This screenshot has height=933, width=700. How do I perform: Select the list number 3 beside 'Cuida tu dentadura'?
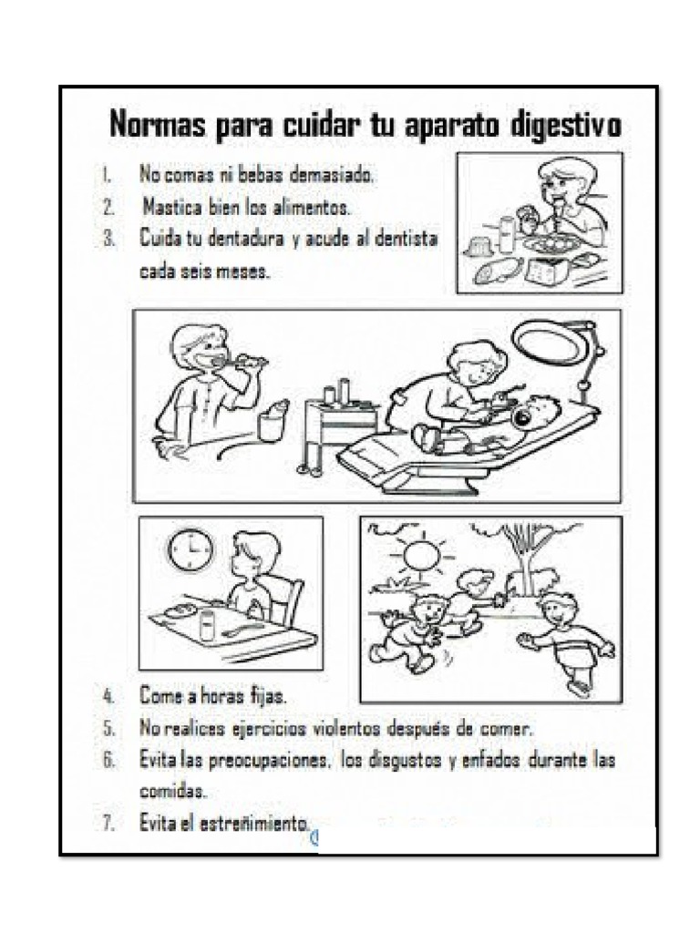point(108,239)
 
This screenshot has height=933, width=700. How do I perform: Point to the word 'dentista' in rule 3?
point(407,239)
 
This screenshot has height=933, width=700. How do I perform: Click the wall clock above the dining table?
point(190,550)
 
